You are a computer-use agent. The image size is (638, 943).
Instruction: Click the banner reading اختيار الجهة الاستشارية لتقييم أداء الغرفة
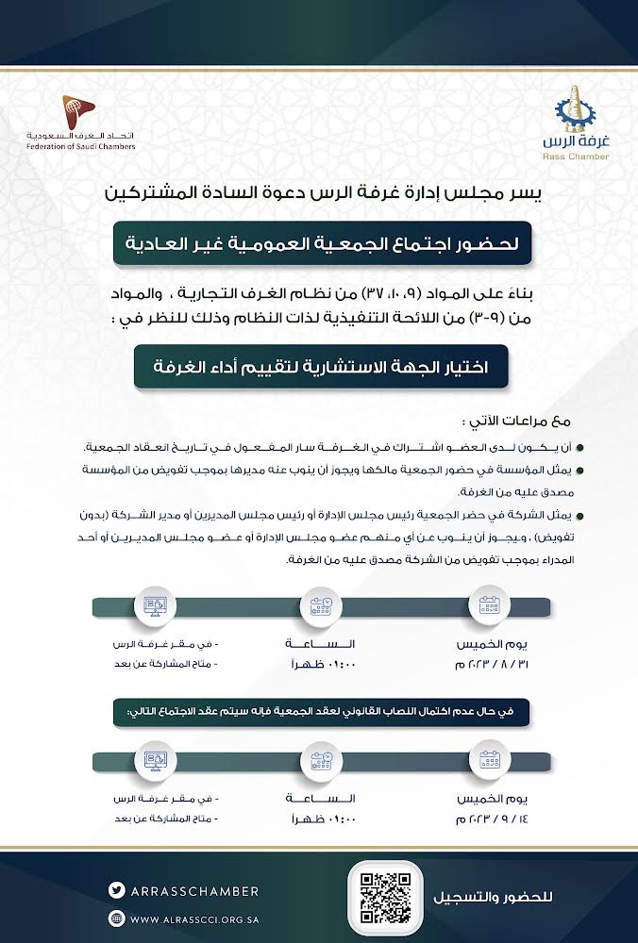[x=320, y=367]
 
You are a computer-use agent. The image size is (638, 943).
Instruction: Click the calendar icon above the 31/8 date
[x=488, y=604]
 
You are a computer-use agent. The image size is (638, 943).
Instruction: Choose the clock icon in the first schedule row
[x=319, y=604]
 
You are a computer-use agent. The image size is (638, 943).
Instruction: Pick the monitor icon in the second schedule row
[x=151, y=758]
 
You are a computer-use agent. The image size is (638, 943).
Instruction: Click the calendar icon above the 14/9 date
[x=488, y=758]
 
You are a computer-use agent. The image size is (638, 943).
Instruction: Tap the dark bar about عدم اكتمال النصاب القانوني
[x=319, y=711]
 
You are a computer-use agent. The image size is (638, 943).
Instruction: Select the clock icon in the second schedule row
[x=319, y=758]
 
